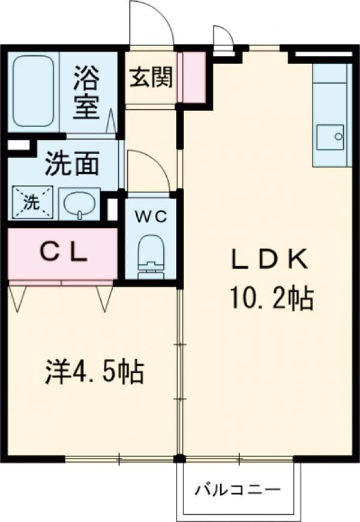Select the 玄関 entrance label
[151, 77]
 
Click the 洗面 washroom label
[71, 164]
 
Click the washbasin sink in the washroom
[80, 204]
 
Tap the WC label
[150, 217]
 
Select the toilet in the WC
[150, 254]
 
